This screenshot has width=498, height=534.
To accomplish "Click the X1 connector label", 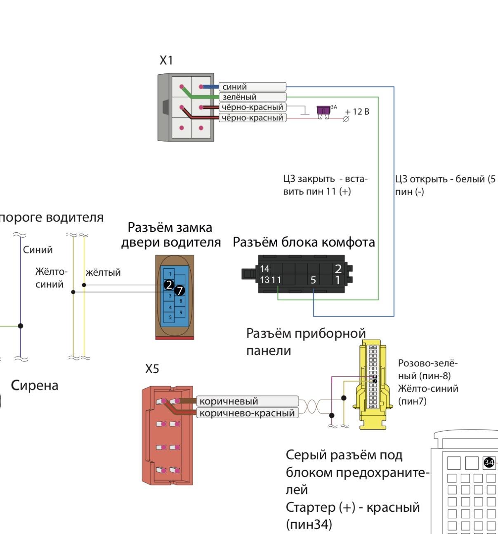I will tap(166, 61).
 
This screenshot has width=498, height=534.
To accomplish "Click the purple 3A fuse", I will tap(323, 110).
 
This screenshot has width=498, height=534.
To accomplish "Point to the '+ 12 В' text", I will tap(357, 112).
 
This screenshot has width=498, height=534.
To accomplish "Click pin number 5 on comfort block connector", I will tap(313, 280).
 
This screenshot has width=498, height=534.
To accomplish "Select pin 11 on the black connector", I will tap(276, 280).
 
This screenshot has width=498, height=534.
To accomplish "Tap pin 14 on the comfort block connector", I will tap(264, 269).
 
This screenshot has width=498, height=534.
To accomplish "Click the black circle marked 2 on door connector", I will tap(168, 285).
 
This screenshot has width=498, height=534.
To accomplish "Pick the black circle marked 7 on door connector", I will tap(179, 291).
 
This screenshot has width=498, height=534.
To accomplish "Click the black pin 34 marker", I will tap(489, 463).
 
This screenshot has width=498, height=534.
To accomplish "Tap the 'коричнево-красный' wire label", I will tap(247, 413).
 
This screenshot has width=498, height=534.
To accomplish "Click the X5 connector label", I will tap(152, 369).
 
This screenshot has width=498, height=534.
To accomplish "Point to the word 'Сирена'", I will tap(35, 385).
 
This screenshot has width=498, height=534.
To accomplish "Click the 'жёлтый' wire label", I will tap(103, 272).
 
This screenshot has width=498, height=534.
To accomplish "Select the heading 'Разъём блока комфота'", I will tap(304, 242).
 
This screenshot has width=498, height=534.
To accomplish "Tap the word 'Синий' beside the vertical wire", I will tap(38, 250).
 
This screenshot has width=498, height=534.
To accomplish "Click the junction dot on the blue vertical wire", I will tap(21, 326).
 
